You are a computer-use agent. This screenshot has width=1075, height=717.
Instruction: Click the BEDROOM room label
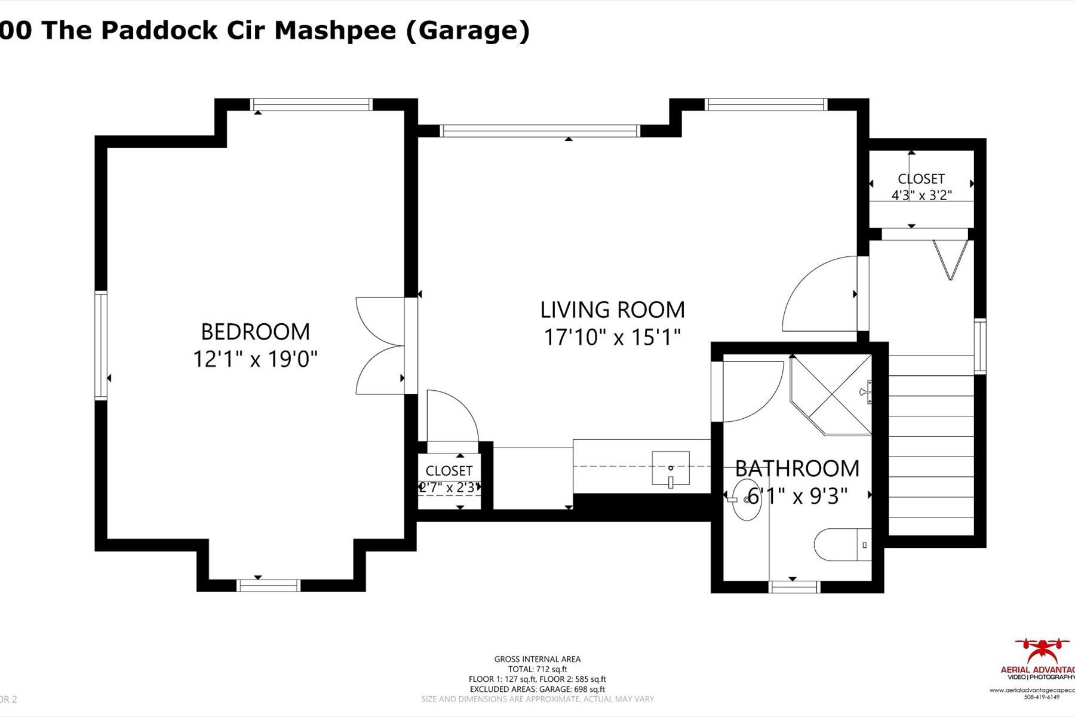click(x=255, y=332)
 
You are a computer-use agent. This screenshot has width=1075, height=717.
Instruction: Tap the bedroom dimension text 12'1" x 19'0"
click(x=255, y=360)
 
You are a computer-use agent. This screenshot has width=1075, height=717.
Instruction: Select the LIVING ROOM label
click(x=612, y=310)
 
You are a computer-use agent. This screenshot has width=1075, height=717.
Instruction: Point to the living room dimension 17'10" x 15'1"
click(x=612, y=338)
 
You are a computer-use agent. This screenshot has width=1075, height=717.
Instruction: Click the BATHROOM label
click(x=797, y=468)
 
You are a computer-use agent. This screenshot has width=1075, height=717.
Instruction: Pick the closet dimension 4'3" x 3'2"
click(x=921, y=195)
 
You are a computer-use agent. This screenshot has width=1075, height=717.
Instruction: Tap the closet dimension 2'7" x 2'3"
click(x=449, y=488)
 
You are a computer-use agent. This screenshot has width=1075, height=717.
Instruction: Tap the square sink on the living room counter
click(x=670, y=468)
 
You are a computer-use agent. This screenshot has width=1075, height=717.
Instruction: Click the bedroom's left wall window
click(x=100, y=345)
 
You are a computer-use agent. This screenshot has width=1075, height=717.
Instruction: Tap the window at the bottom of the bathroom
click(x=794, y=587)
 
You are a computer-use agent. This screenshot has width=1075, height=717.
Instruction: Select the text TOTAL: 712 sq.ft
click(x=537, y=669)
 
